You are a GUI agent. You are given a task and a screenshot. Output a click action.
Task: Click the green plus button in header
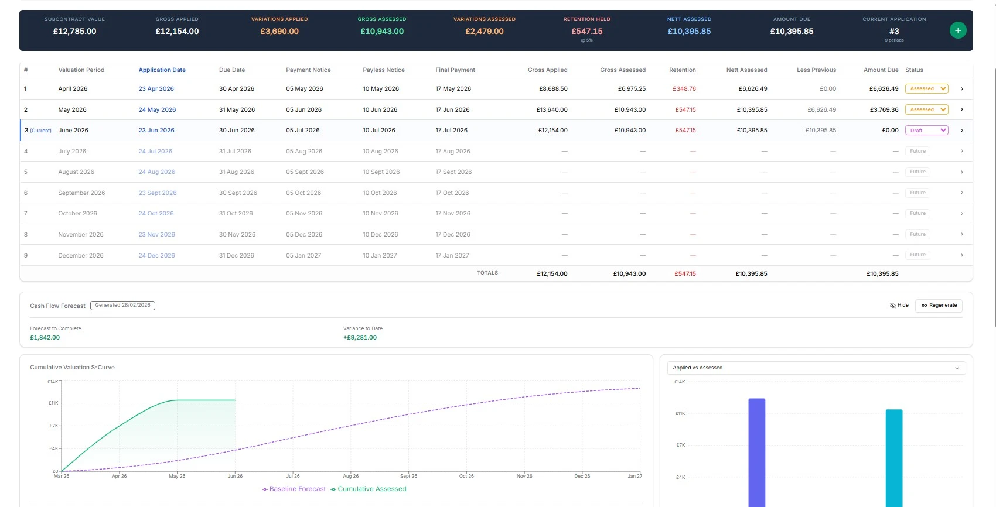[957, 30]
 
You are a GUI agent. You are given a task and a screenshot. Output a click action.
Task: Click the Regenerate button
[939, 306]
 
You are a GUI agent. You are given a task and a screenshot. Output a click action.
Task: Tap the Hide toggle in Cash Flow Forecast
[899, 306]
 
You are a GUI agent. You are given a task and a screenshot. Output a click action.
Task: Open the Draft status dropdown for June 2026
[927, 131]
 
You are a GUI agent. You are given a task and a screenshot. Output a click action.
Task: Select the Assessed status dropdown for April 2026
[927, 89]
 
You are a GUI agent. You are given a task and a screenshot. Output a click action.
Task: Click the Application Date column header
[162, 70]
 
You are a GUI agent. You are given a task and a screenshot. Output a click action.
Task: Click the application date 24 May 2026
[157, 110]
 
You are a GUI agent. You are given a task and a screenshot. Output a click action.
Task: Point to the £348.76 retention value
[684, 89]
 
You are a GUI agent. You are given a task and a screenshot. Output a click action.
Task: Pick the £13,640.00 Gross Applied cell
[551, 110]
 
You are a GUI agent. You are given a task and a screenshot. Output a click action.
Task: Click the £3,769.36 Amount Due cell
[884, 110]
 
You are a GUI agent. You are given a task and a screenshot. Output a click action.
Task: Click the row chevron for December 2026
[961, 255]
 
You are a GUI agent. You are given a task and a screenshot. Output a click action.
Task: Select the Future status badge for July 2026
[917, 152]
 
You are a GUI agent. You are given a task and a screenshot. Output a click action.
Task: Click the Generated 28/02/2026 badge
[122, 306]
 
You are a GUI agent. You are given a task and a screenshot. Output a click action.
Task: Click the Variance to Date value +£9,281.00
[360, 338]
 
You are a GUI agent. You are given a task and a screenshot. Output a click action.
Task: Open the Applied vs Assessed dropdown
[816, 368]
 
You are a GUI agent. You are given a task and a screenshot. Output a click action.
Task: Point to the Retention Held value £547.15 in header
[586, 32]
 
